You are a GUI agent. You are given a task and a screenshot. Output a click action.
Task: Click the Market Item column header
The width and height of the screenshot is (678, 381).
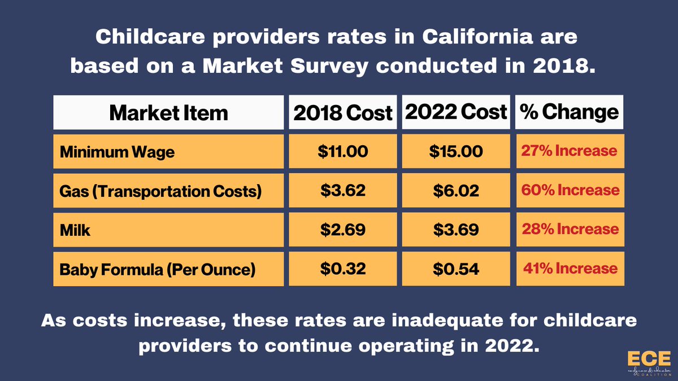[168, 112]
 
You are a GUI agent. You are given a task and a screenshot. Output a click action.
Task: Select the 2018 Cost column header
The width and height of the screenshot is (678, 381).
[342, 112]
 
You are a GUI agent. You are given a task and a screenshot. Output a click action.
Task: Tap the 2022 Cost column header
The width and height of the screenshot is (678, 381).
[455, 112]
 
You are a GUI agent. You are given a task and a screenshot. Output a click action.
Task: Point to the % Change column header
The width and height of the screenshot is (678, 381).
[570, 112]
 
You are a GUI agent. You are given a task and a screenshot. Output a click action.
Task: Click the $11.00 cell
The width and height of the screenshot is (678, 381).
[342, 151]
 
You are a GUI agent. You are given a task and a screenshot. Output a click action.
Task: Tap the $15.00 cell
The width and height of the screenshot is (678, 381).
[455, 151]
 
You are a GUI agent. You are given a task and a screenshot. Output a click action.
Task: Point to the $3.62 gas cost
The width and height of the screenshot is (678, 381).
[342, 191]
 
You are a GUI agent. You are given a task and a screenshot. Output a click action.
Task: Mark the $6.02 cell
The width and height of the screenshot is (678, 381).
[455, 191]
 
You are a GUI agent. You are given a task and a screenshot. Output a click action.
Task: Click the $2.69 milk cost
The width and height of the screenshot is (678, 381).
[342, 230]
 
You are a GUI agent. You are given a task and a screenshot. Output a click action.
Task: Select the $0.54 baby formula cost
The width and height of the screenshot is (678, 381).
[455, 269]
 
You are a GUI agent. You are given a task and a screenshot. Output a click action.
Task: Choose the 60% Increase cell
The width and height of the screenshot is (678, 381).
[570, 190]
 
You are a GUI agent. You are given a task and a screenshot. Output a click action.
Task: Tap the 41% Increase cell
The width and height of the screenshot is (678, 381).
[570, 269]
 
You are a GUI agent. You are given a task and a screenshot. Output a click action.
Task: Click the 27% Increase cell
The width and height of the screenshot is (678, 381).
[570, 151]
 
